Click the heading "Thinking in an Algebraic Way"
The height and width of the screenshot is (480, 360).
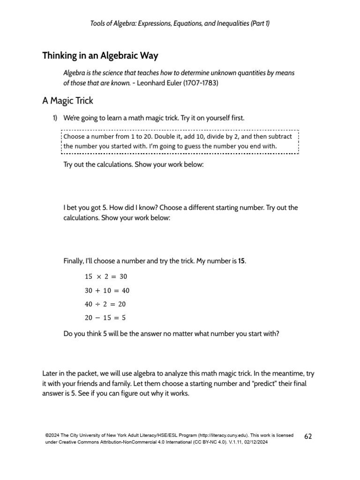point(100,56)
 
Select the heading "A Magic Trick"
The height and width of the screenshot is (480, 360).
point(67,101)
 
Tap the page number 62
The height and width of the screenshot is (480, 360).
point(308,436)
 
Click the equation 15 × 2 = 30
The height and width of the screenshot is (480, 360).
point(105,277)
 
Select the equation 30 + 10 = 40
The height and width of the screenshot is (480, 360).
point(107,290)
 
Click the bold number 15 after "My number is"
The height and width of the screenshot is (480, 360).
point(241,261)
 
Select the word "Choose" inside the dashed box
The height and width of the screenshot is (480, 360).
point(75,136)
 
